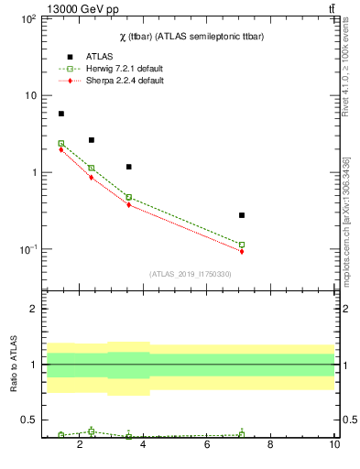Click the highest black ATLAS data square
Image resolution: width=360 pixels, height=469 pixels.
click(61, 114)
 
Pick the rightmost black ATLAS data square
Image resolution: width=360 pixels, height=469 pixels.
click(242, 215)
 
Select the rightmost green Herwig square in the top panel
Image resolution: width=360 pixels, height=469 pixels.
click(242, 245)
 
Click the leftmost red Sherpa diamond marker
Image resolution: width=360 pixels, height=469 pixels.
click(61, 149)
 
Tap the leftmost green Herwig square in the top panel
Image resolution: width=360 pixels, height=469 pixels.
click(61, 143)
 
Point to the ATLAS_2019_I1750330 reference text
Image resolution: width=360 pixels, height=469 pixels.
click(190, 274)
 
